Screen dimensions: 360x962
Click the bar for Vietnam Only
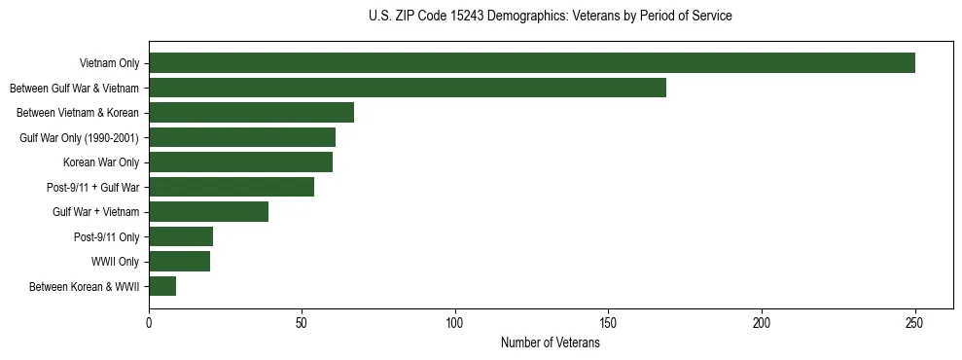(x=531, y=63)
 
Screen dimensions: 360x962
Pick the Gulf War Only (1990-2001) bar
(x=242, y=137)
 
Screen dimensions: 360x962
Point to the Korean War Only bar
(x=240, y=162)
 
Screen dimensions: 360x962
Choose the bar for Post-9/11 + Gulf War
(x=232, y=187)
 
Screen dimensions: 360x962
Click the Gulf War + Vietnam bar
(x=208, y=212)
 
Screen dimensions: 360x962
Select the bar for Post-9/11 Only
(x=181, y=236)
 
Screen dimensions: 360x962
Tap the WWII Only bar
(x=179, y=262)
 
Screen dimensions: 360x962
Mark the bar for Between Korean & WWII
(x=162, y=286)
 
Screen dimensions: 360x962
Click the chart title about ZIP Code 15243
(x=551, y=17)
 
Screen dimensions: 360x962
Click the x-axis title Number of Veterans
(x=551, y=343)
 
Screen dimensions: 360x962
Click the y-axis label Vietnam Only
(x=108, y=63)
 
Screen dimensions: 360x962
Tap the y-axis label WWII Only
(x=115, y=262)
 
